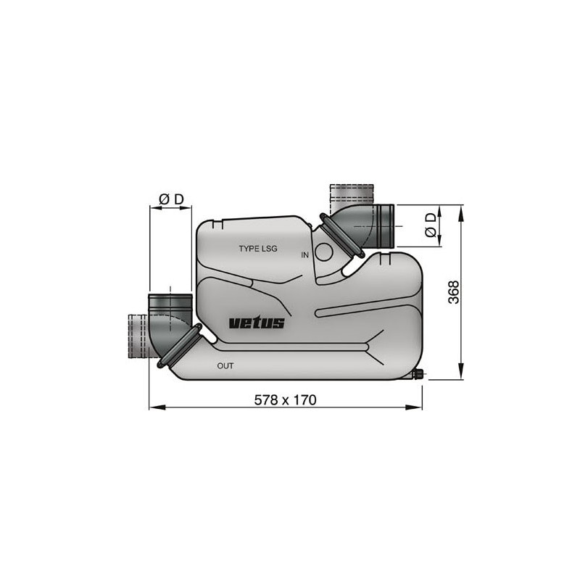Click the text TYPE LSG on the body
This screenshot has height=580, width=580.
point(258,249)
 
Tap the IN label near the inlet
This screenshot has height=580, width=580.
point(305,254)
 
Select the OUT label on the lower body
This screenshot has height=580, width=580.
point(225,366)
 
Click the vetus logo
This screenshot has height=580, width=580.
point(257,323)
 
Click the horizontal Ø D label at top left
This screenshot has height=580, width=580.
point(170,198)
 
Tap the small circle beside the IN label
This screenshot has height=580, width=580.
point(324,252)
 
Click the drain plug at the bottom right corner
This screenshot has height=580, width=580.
point(418,375)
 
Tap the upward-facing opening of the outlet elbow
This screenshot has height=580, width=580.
point(170,299)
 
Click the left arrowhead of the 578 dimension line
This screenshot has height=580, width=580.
point(153,407)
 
